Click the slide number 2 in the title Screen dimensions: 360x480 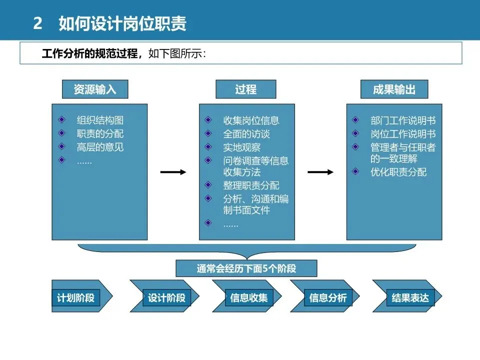37,23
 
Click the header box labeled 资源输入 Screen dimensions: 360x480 95,89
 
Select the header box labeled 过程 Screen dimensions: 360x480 245,89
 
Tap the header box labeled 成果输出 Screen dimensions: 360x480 393,89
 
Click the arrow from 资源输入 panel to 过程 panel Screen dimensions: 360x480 173,172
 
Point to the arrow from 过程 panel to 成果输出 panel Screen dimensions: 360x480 320,172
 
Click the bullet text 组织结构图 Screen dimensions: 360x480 100,120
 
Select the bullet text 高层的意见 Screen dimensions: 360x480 100,147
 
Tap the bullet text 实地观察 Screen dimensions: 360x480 241,147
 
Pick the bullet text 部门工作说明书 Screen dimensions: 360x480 403,120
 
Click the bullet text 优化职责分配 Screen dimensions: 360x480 398,172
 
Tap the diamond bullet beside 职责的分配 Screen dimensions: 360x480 61,133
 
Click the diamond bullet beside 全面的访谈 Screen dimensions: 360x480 208,133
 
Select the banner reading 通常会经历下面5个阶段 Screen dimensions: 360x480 246,268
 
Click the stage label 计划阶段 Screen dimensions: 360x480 75,298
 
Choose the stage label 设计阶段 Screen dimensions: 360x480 166,298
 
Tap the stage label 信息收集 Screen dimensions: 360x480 249,298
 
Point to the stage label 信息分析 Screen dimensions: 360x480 327,298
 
